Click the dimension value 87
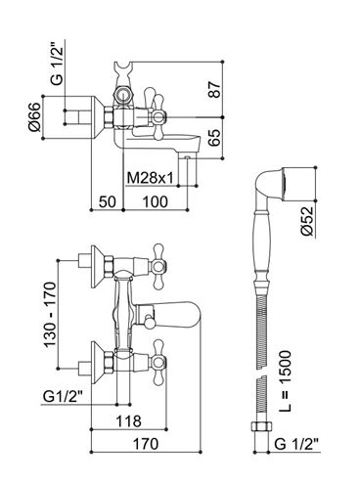pyautogui.click(x=215, y=89)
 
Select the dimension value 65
pyautogui.click(x=215, y=138)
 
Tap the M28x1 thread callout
pyautogui.click(x=150, y=178)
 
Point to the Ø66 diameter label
pyautogui.click(x=34, y=116)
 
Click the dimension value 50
pyautogui.click(x=108, y=202)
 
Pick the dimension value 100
pyautogui.click(x=156, y=202)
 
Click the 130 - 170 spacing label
pyautogui.click(x=50, y=315)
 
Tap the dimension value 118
pyautogui.click(x=129, y=421)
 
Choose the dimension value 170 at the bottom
pyautogui.click(x=146, y=444)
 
